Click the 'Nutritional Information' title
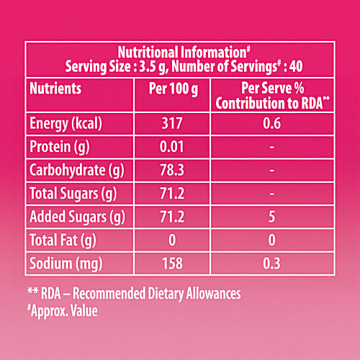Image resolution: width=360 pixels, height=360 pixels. (179, 52)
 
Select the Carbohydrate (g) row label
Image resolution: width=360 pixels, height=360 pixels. (75, 171)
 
